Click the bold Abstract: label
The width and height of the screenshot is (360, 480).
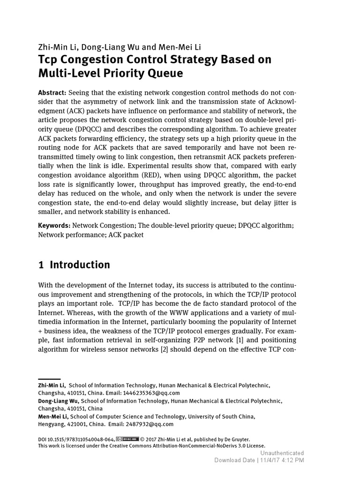pos(52,93)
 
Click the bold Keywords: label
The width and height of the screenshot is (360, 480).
pos(54,226)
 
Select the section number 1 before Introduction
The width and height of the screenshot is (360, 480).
pos(41,265)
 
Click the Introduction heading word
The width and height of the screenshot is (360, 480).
pos(80,265)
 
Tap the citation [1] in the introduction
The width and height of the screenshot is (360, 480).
pos(239,340)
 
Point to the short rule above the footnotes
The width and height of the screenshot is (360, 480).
pos(49,379)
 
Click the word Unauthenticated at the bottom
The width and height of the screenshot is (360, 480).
pos(282,453)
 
